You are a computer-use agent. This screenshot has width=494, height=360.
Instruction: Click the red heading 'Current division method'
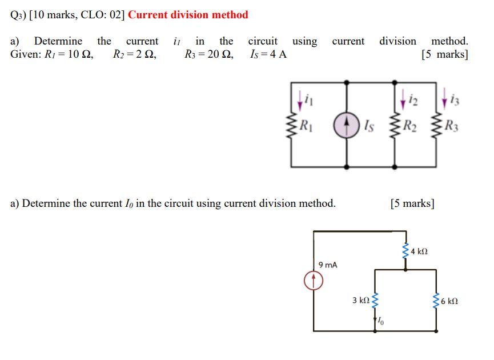[188, 15]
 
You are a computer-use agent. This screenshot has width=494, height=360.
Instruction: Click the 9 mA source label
[328, 265]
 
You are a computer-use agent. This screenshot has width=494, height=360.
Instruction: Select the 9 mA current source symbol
[314, 280]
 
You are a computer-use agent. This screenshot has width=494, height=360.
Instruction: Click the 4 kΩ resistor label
[419, 251]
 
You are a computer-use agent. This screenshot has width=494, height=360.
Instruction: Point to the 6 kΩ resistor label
[449, 300]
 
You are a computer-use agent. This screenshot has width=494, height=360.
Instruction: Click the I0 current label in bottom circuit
[381, 323]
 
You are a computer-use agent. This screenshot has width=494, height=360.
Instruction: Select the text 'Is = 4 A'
[268, 55]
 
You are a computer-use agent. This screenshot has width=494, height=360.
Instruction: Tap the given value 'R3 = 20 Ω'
[208, 55]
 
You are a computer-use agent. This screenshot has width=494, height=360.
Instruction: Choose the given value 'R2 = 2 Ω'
[135, 55]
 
